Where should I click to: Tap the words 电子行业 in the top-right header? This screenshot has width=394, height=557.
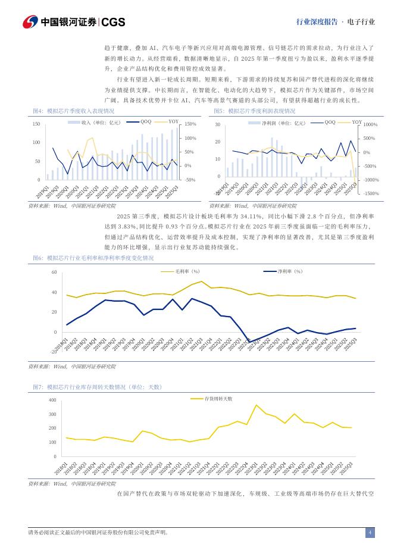[361, 22]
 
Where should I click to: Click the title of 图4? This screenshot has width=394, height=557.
[74, 111]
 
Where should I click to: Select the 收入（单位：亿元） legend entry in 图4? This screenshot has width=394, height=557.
[101, 122]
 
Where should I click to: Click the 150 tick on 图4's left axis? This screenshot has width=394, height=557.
[36, 124]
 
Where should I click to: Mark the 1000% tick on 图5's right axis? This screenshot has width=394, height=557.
[371, 124]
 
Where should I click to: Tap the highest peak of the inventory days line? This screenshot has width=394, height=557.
[257, 405]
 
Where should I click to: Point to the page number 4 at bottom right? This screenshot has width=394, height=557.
[370, 533]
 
